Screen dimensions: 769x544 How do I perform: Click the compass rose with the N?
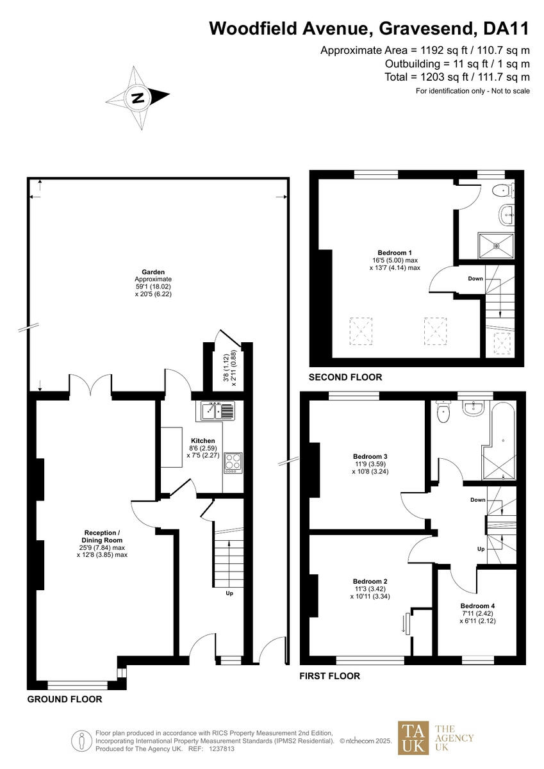click(138, 98)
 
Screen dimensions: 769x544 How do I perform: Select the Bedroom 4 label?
click(477, 606)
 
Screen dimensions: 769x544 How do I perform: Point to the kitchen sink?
click(218, 409)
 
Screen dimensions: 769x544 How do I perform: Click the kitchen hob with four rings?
click(233, 463)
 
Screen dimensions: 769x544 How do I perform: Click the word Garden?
click(153, 272)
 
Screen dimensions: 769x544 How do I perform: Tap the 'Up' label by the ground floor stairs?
click(229, 593)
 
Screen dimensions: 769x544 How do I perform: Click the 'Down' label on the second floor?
click(475, 278)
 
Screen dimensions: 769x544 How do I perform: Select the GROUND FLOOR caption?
click(64, 700)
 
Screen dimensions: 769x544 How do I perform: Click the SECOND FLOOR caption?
click(345, 377)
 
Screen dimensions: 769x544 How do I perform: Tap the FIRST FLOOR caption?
click(329, 675)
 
